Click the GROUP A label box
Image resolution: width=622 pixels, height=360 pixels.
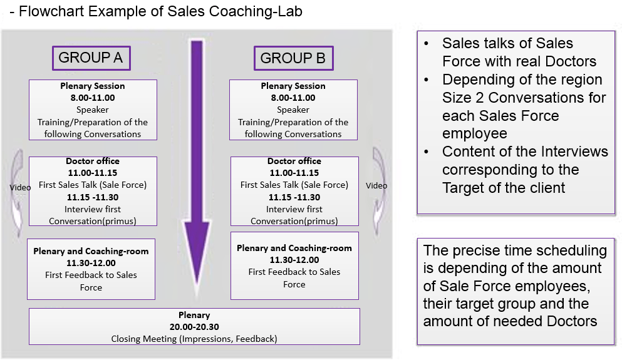click(x=91, y=58)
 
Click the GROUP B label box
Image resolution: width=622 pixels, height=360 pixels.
click(x=293, y=58)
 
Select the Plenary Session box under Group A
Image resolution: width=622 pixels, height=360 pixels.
click(x=93, y=110)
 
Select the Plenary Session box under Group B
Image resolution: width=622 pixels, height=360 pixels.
click(x=293, y=110)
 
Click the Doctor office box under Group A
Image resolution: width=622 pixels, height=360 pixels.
click(x=93, y=191)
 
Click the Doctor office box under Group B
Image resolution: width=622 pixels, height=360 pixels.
click(x=294, y=191)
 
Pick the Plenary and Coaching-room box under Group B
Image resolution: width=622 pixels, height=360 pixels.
click(x=294, y=265)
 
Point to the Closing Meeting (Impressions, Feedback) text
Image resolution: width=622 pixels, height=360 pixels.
click(x=194, y=339)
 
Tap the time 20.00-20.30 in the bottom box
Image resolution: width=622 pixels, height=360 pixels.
click(x=194, y=327)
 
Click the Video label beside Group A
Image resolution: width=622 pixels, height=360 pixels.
click(x=20, y=187)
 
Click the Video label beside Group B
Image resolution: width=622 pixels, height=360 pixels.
click(x=376, y=185)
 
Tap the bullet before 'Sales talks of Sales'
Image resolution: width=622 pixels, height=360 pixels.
click(x=427, y=44)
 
